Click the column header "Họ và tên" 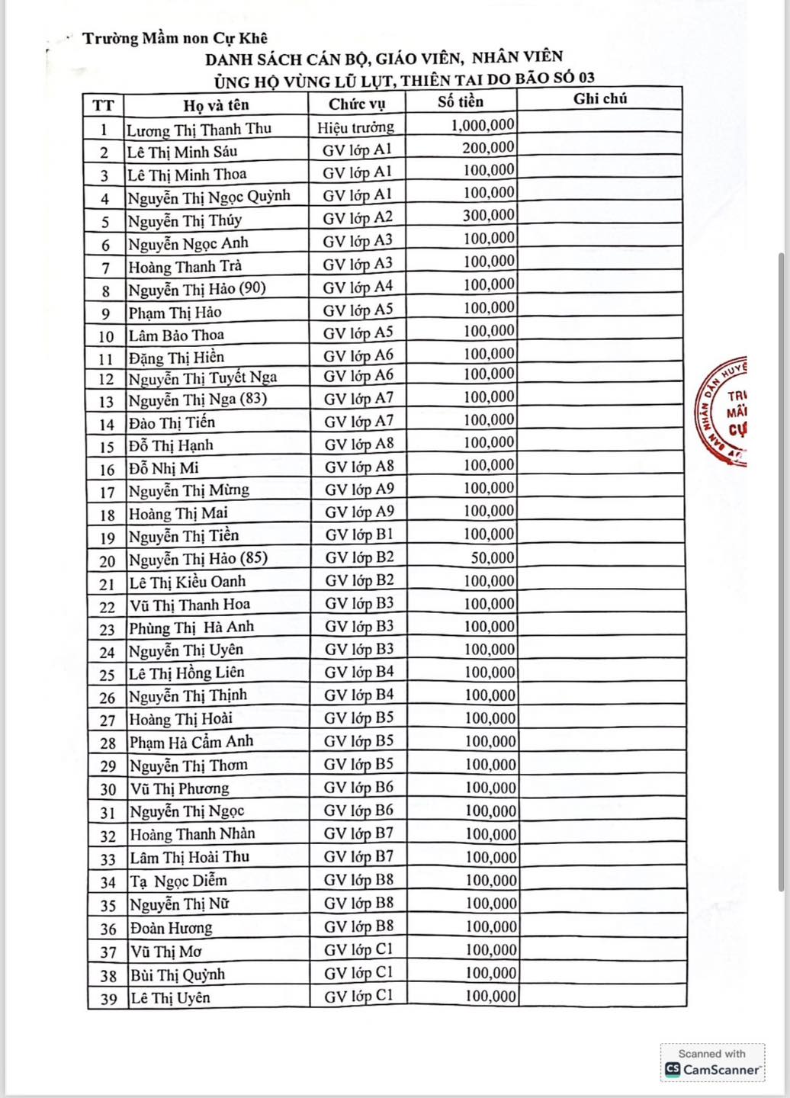(216, 104)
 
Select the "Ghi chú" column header (600, 98)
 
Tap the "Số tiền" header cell (461, 101)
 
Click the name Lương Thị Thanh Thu (199, 128)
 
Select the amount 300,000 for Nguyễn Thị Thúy (489, 215)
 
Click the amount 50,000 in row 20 (493, 557)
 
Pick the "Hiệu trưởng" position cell (356, 127)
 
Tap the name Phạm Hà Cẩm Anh (191, 741)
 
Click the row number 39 (108, 998)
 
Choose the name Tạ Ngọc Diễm (178, 881)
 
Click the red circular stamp (723, 411)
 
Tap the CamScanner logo (712, 1063)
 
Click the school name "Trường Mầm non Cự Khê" (175, 38)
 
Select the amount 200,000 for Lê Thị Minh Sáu (488, 147)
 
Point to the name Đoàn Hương (171, 927)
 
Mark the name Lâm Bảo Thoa (176, 335)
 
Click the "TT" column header (103, 105)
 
